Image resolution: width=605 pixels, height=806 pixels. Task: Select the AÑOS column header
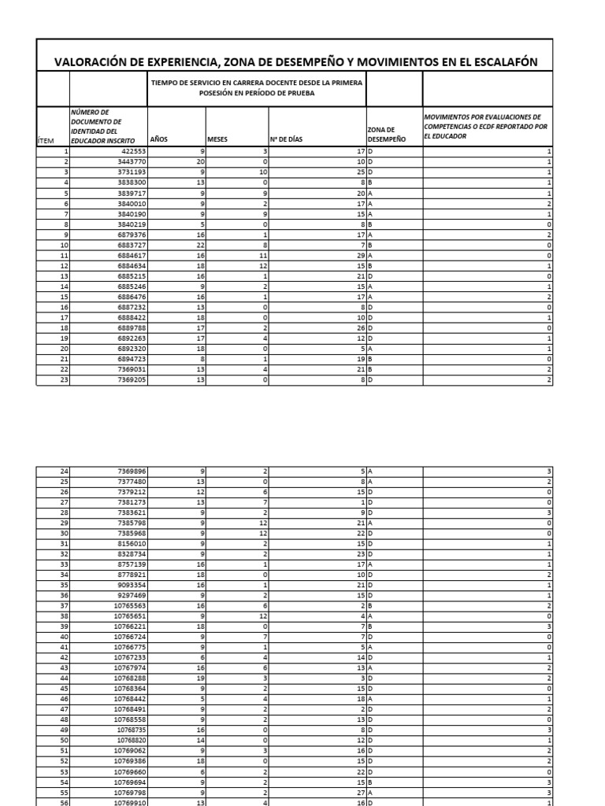[x=158, y=139]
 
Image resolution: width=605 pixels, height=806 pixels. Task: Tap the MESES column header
[x=217, y=139]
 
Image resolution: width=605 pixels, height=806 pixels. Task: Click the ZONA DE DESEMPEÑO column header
[x=386, y=134]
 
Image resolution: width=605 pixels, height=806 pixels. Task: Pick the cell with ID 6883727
[x=129, y=244]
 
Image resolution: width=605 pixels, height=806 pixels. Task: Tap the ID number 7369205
[x=129, y=380]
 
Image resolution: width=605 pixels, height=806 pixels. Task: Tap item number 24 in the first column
[x=64, y=471]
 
